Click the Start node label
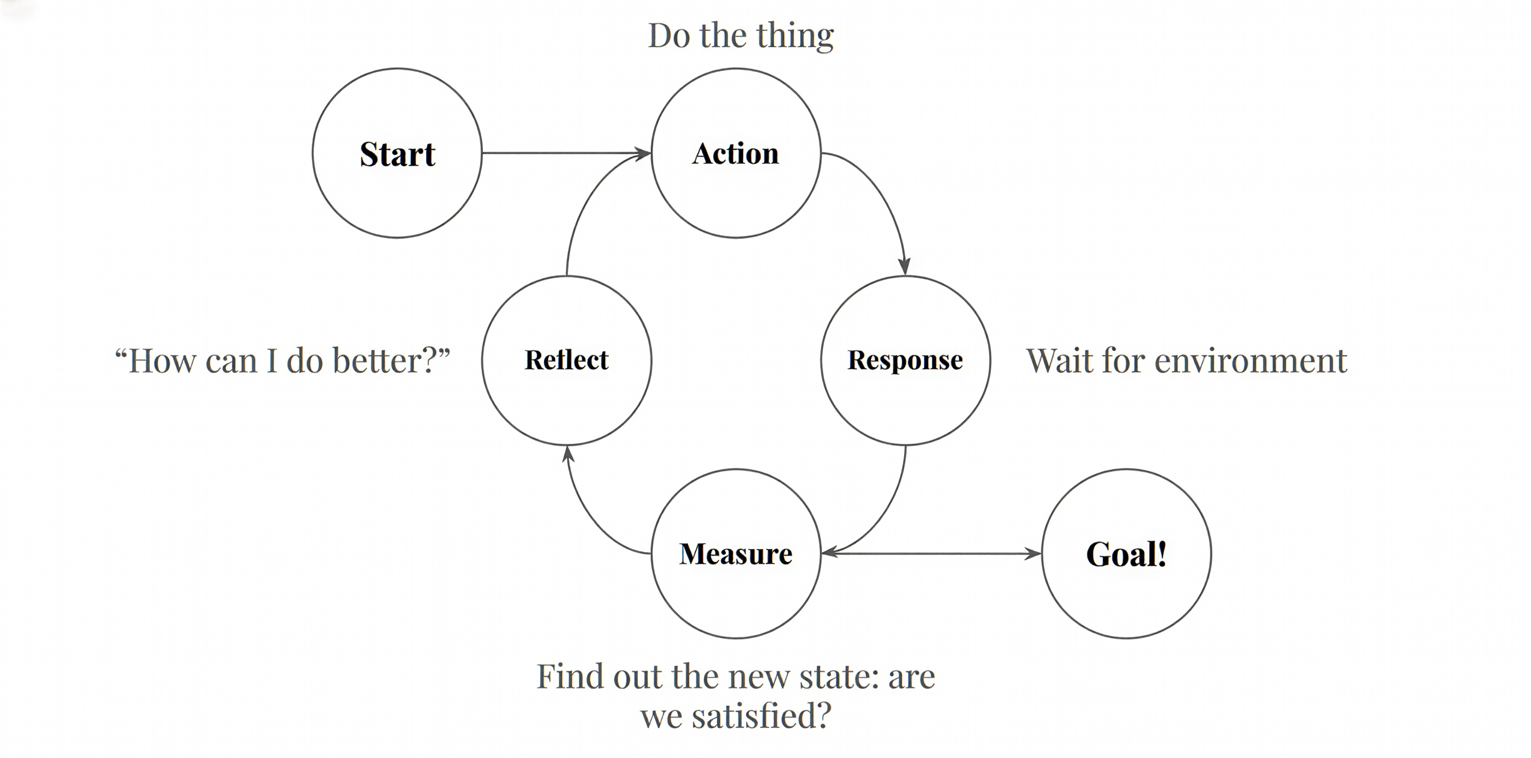tap(397, 154)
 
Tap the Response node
tap(905, 360)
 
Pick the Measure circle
tap(736, 554)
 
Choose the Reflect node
tap(566, 360)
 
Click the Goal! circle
tap(1126, 554)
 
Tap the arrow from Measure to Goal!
tap(930, 554)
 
